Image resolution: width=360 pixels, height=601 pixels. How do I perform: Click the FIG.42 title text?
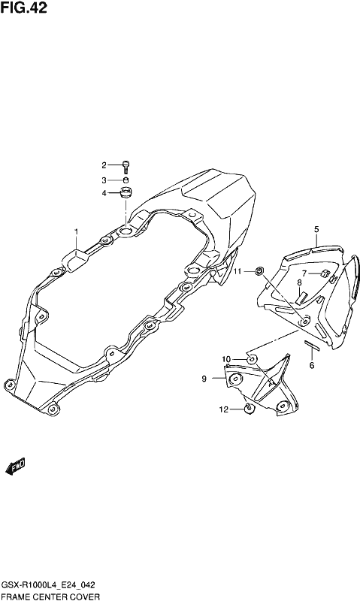tap(24, 8)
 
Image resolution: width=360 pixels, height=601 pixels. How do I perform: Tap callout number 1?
tap(76, 232)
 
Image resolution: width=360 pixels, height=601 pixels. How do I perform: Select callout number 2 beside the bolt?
tap(104, 165)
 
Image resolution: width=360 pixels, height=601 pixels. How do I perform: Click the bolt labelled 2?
tap(126, 166)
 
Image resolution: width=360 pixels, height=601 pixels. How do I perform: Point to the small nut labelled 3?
tap(126, 180)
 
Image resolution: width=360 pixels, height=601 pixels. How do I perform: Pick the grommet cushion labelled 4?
tap(126, 192)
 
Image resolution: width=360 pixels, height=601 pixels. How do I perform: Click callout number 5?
tap(316, 230)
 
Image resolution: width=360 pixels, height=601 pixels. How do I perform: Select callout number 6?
tap(312, 365)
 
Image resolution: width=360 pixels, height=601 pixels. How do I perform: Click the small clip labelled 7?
tap(325, 273)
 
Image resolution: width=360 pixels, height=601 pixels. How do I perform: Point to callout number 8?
tap(299, 283)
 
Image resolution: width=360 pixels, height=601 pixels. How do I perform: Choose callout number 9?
tap(204, 379)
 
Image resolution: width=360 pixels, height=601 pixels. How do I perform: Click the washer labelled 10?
tap(252, 360)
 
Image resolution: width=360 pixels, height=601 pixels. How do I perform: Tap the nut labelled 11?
tap(259, 271)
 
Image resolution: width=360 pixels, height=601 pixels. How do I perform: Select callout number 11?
tap(237, 271)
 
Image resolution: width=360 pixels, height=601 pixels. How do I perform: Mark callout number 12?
tap(223, 409)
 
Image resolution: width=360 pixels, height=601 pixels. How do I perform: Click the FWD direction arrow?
tap(15, 467)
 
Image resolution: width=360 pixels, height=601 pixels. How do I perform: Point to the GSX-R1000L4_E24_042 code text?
tap(48, 585)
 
